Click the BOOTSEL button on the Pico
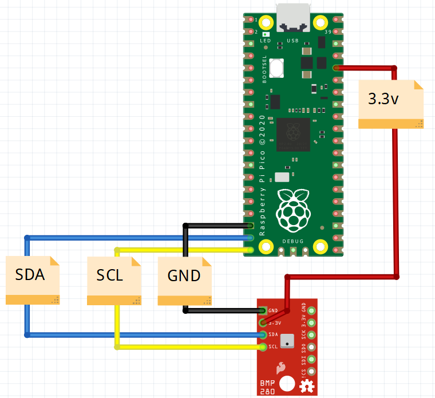pyautogui.click(x=278, y=68)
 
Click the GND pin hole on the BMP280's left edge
pyautogui.click(x=263, y=311)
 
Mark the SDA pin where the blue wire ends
pyautogui.click(x=263, y=334)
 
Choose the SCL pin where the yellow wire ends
pyautogui.click(x=263, y=346)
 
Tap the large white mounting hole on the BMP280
pyautogui.click(x=288, y=384)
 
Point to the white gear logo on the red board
pyautogui.click(x=307, y=385)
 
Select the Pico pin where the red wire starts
pyautogui.click(x=335, y=68)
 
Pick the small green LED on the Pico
pyautogui.click(x=266, y=36)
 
